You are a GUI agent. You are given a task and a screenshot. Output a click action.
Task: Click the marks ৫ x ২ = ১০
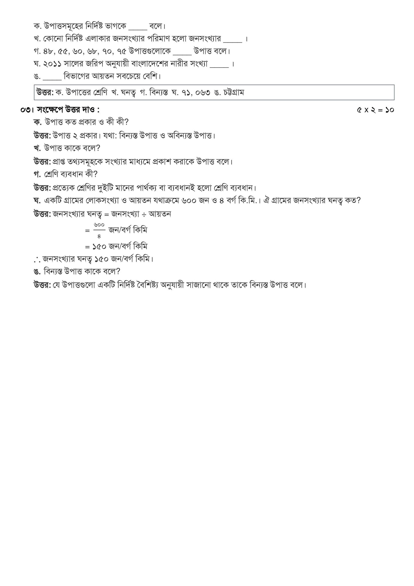click(375, 110)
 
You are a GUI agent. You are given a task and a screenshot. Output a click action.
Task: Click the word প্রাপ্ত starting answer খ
click(59, 162)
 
